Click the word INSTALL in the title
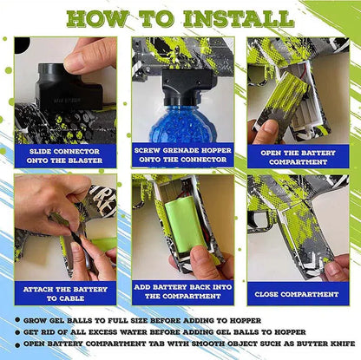pyautogui.click(x=239, y=19)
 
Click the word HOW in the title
pyautogui.click(x=96, y=19)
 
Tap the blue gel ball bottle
pyautogui.click(x=182, y=123)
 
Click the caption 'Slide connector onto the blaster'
pyautogui.click(x=65, y=156)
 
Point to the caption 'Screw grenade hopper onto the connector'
pyautogui.click(x=183, y=154)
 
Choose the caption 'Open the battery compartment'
pyautogui.click(x=298, y=157)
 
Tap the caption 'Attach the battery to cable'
pyautogui.click(x=65, y=293)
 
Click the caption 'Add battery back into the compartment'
pyautogui.click(x=183, y=291)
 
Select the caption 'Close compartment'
pyautogui.click(x=297, y=294)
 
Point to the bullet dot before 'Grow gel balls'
pyautogui.click(x=18, y=320)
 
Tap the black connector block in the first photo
pyautogui.click(x=69, y=87)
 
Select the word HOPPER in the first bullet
pyautogui.click(x=246, y=320)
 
